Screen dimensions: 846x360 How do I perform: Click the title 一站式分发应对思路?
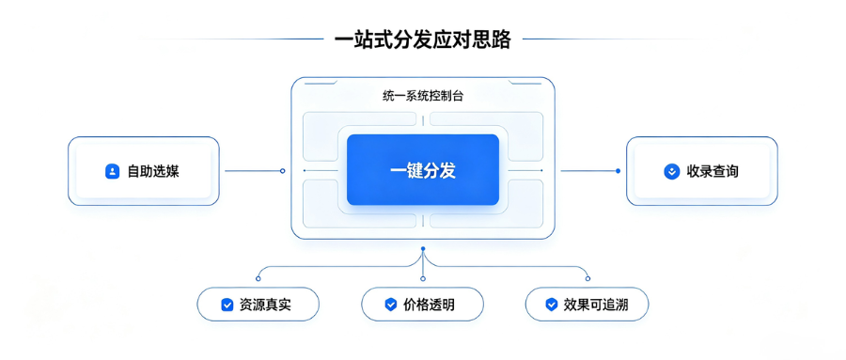(422, 39)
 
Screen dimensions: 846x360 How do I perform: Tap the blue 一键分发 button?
(422, 170)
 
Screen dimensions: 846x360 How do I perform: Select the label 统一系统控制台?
(422, 98)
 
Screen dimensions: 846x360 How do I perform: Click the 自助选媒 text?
(153, 172)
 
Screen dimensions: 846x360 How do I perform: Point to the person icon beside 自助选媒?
(112, 172)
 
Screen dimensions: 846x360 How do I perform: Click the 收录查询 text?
(713, 172)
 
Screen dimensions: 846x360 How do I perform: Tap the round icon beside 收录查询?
(672, 172)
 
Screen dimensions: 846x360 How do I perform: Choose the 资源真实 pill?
(258, 305)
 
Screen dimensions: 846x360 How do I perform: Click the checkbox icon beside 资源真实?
(227, 305)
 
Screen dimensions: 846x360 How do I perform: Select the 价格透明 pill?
(422, 305)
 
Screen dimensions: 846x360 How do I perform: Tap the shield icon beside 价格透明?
(391, 305)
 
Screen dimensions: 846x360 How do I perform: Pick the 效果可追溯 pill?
(587, 305)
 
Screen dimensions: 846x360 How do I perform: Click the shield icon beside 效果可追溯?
(551, 305)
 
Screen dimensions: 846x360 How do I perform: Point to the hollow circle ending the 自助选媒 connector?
(282, 171)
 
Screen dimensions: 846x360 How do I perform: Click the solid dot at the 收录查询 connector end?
(618, 171)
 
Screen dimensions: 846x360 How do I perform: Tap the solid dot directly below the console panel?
(423, 249)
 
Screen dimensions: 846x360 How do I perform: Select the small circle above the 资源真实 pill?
(258, 278)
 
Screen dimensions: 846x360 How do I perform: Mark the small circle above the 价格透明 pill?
(423, 278)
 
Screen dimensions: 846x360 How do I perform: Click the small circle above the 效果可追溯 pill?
(587, 278)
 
